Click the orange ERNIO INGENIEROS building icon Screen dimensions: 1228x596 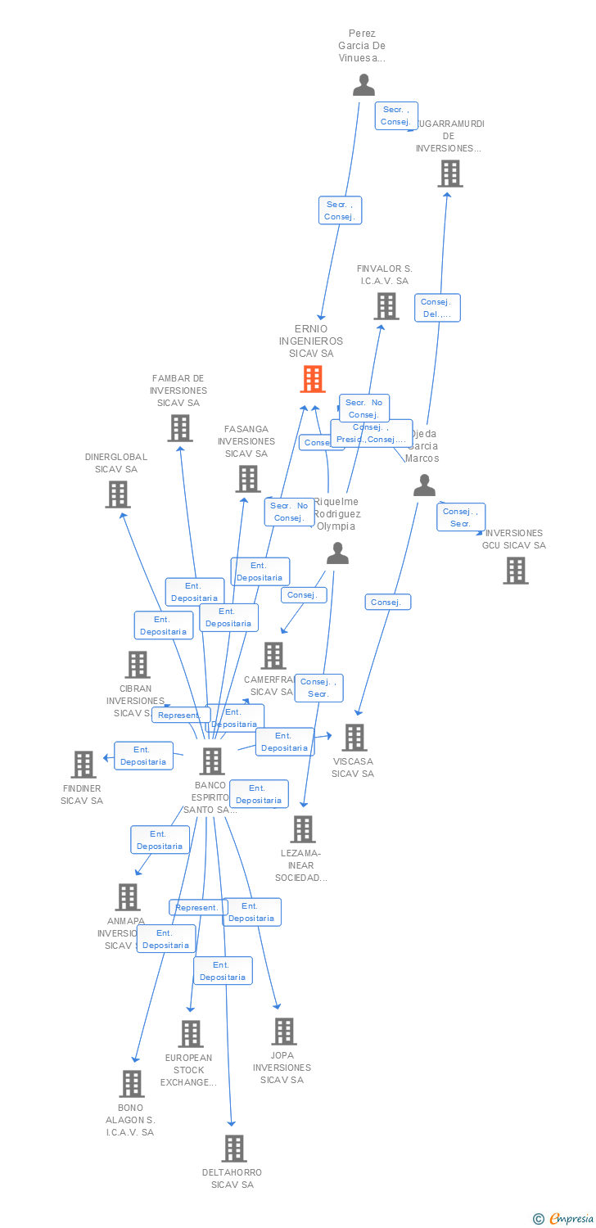pos(313,379)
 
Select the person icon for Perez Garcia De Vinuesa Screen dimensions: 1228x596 pos(363,85)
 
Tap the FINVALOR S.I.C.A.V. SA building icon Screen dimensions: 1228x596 pos(386,306)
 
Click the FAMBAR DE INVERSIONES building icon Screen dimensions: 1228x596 pos(180,428)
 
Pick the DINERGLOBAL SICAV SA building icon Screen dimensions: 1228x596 pos(118,494)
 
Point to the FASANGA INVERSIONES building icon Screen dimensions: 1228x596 pos(248,479)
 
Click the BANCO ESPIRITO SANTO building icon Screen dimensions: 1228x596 pos(212,761)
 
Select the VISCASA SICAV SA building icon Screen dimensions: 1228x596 pos(354,738)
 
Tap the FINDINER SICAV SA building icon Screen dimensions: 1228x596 pos(84,765)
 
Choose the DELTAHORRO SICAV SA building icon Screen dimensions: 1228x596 pos(234,1149)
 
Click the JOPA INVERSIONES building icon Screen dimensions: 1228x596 pos(284,1032)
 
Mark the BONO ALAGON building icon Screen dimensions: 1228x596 pos(131,1084)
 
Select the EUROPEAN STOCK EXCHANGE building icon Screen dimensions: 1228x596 pos(191,1034)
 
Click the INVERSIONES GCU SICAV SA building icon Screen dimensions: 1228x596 pos(516,571)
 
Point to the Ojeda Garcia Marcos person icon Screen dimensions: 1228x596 pos(424,485)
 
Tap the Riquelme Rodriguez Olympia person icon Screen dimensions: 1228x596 pos(337,554)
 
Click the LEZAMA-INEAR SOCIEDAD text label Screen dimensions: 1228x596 pos(303,865)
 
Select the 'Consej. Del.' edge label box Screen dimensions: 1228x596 pos(437,308)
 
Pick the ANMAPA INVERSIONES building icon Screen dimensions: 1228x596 pos(128,897)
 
